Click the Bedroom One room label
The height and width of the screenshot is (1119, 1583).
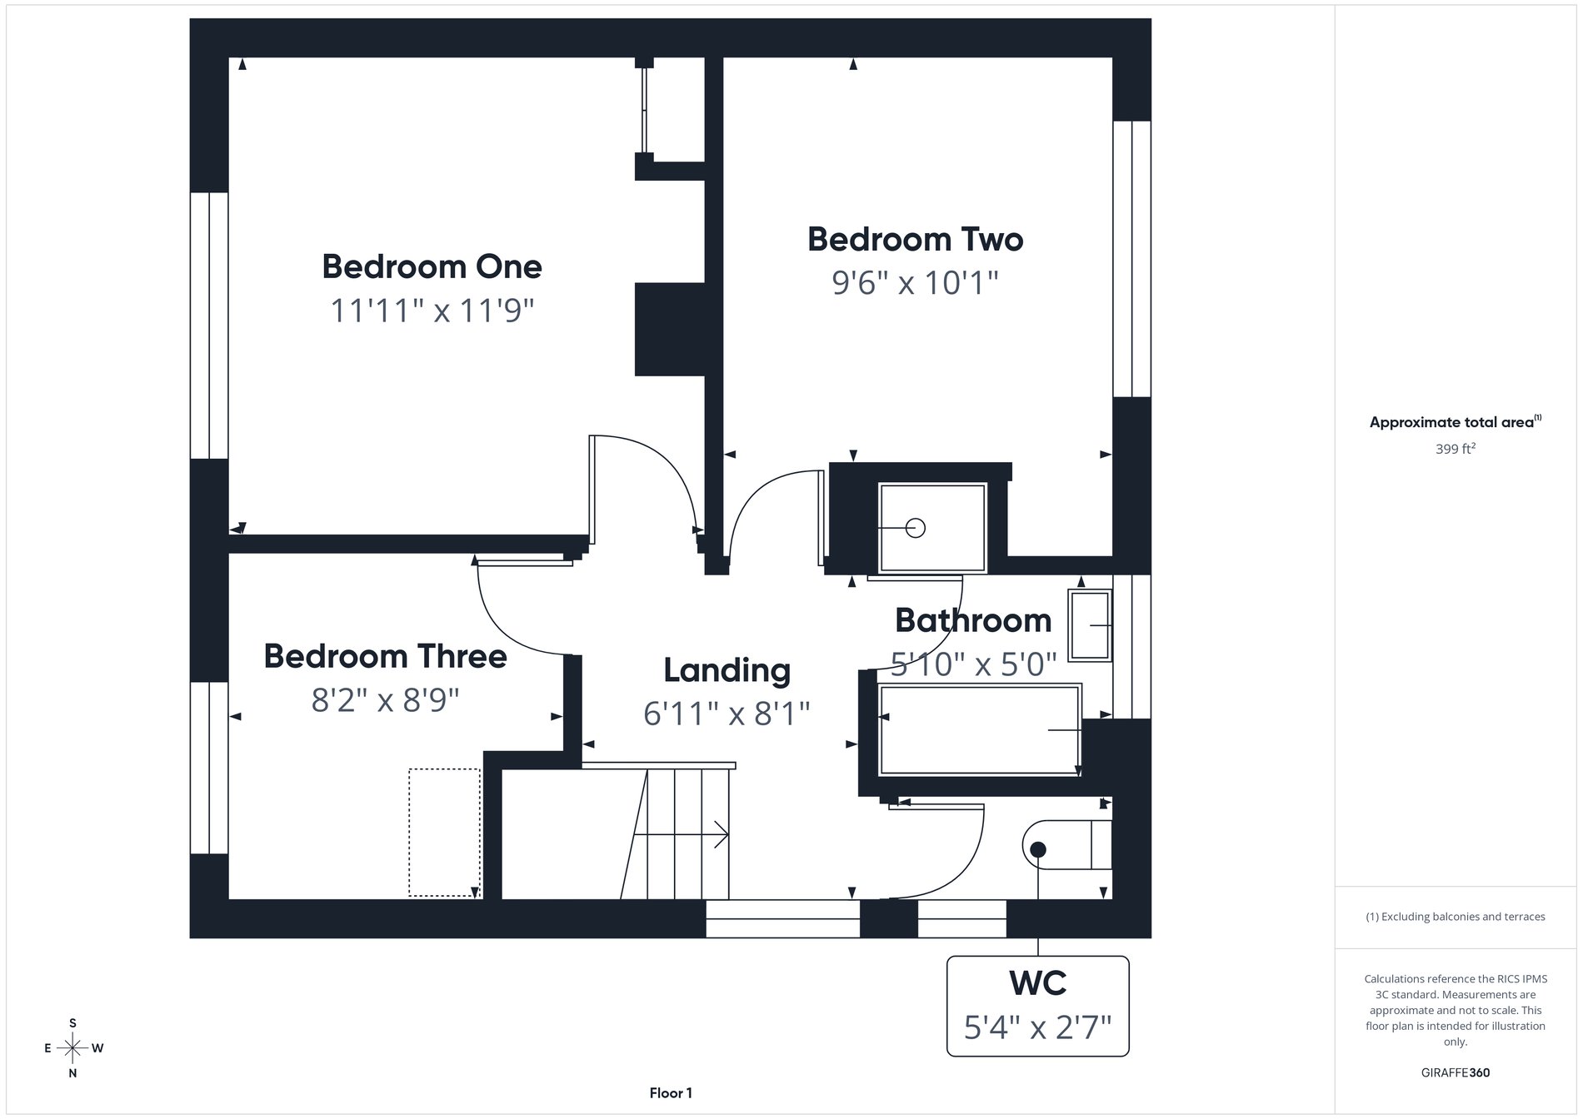[432, 267]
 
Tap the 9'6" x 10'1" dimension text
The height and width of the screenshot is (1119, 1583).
[915, 283]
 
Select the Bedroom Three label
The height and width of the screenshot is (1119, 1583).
[385, 656]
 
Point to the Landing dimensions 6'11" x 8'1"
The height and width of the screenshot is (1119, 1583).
[727, 714]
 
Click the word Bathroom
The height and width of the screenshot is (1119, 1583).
[972, 620]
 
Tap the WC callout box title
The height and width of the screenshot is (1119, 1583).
[1037, 983]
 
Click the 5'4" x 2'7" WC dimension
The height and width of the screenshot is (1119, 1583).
[1037, 1028]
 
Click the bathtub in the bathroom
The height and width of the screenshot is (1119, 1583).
[980, 729]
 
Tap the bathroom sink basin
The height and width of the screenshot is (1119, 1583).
[1090, 625]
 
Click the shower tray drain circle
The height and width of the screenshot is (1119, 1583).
[915, 528]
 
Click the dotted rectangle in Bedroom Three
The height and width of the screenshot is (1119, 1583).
[444, 832]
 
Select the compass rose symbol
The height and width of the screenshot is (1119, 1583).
[73, 1047]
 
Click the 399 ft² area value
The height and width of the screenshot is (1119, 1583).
[1455, 449]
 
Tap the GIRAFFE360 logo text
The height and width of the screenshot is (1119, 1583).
[1455, 1072]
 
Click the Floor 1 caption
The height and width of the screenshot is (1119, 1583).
[671, 1093]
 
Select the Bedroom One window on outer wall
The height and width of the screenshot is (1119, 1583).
[208, 326]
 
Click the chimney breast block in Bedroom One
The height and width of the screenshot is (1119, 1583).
[670, 329]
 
